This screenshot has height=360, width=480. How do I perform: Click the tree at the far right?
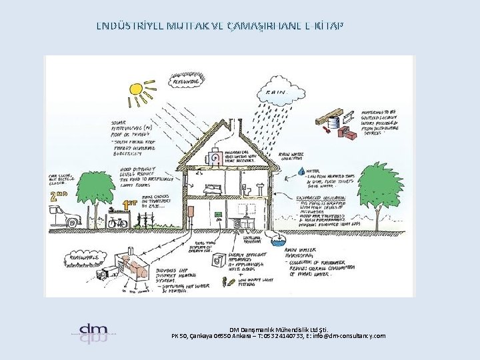pyautogui.click(x=382, y=190)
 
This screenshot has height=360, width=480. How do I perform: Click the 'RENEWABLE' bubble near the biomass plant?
pyautogui.click(x=83, y=255)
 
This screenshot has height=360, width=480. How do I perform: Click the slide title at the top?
pyautogui.click(x=220, y=26)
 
